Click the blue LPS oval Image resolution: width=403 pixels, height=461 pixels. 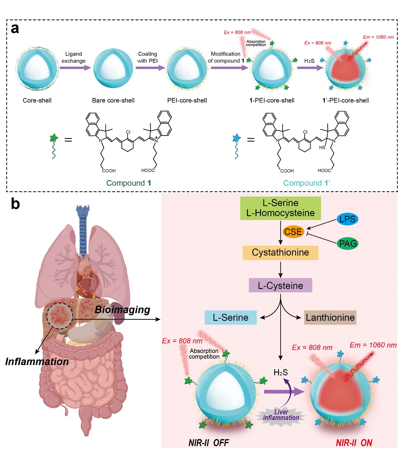tap(347, 219)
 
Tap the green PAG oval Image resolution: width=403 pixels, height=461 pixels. tap(348, 244)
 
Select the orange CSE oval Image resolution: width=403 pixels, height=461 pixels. tap(293, 232)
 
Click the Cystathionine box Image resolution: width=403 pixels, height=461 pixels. tap(280, 253)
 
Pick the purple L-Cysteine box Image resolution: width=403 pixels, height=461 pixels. tap(280, 286)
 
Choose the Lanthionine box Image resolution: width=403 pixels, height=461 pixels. tap(330, 318)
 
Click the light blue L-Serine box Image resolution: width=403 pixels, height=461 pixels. tap(230, 318)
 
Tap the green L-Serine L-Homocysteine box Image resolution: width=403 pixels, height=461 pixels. tap(280, 208)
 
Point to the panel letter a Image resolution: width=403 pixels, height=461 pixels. tap(15, 29)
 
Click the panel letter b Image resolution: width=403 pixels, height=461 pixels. tap(15, 204)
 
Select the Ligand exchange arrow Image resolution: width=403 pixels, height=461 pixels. tap(75, 68)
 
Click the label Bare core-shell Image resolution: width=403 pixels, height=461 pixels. tap(113, 100)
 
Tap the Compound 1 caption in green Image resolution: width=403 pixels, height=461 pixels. tap(128, 183)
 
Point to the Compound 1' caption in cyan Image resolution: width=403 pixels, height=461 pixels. tap(306, 183)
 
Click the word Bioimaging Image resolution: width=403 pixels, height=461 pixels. tap(122, 310)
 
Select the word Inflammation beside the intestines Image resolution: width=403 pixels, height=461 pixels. tap(37, 362)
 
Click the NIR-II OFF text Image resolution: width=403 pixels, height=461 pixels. tap(208, 443)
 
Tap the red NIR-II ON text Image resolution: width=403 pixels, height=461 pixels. tap(354, 443)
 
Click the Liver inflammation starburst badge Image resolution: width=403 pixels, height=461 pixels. tap(281, 415)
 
